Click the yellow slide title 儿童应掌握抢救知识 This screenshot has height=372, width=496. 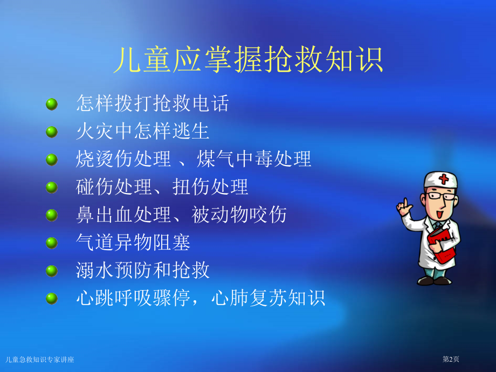249,60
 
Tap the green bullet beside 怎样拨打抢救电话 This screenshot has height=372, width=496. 52,104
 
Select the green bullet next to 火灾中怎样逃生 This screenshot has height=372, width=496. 52,132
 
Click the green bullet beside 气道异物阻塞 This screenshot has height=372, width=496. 52,243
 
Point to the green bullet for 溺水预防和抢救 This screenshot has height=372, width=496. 52,271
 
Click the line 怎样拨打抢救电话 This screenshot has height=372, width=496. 152,103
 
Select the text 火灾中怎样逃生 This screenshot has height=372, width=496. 142,131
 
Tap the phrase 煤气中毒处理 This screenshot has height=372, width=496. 254,159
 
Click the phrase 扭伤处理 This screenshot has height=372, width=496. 210,187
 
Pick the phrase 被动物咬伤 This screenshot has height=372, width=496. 239,215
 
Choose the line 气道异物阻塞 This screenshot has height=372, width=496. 133,242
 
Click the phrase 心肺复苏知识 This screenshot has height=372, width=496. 268,298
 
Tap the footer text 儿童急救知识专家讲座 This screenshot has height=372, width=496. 39,360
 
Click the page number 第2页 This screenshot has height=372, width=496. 451,359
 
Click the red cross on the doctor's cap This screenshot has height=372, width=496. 444,179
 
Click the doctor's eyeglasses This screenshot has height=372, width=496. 441,196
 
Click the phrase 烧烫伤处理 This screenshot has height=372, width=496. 123,159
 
